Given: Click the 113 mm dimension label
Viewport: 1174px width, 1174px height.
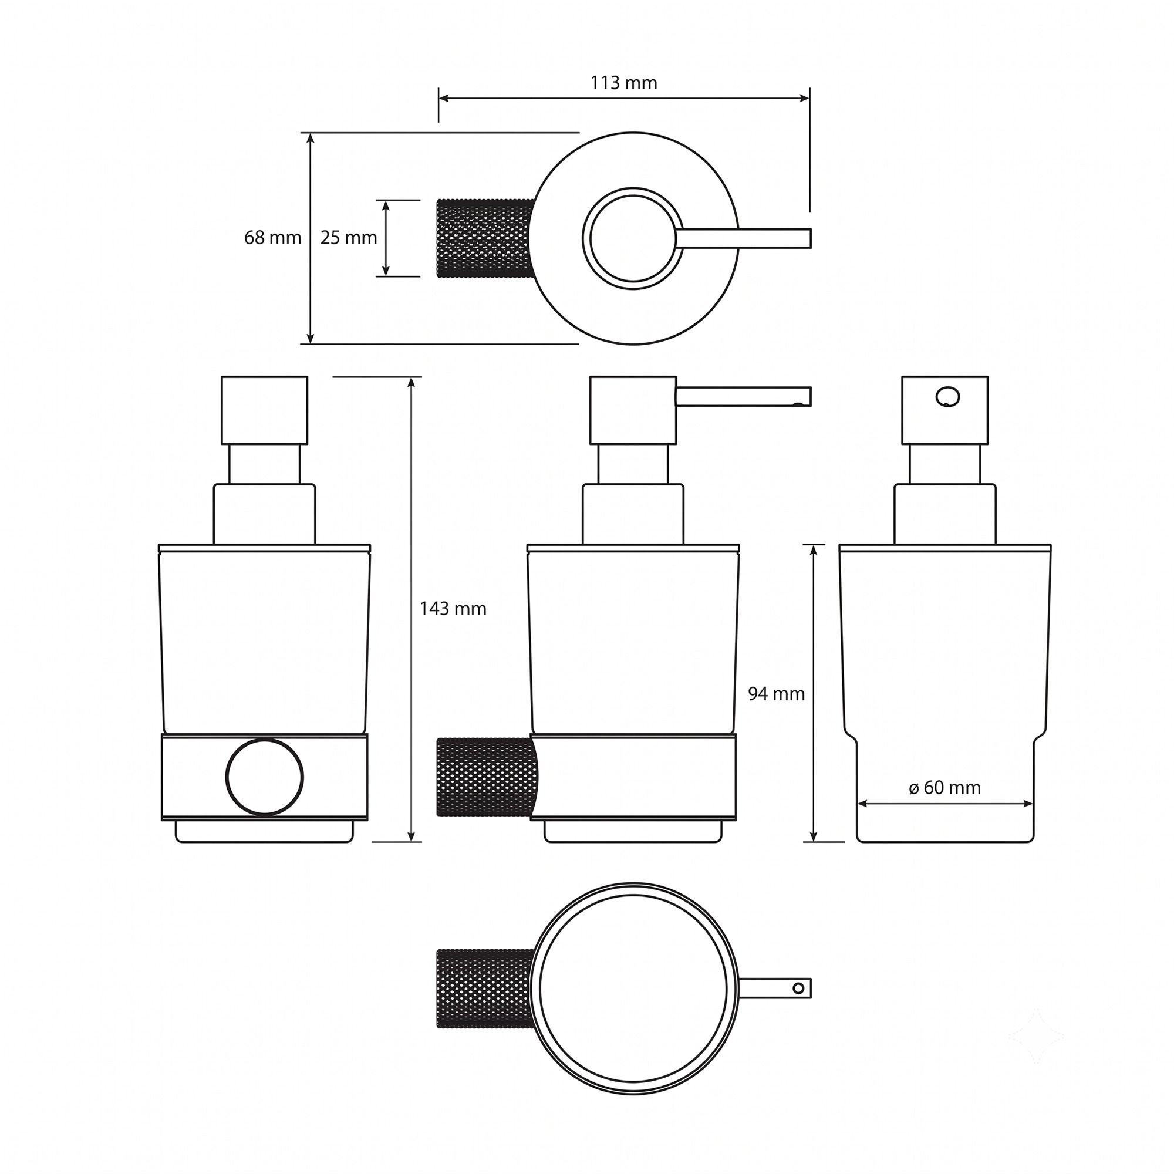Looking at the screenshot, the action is click(623, 83).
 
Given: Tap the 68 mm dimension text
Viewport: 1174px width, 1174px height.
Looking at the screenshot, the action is click(272, 238).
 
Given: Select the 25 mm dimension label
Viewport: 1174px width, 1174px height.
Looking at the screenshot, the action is click(348, 238).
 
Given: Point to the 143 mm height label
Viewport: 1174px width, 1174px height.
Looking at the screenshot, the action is click(453, 608).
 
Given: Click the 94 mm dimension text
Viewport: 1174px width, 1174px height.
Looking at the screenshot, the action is click(776, 693).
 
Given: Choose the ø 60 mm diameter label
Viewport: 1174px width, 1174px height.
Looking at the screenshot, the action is click(944, 788).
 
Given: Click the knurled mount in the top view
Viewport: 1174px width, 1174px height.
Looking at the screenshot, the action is click(485, 238).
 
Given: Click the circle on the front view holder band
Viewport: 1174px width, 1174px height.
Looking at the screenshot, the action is click(264, 777).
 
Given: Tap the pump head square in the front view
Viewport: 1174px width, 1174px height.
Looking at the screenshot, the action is click(264, 410).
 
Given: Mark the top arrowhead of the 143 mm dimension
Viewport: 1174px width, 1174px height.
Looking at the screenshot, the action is click(412, 382).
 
